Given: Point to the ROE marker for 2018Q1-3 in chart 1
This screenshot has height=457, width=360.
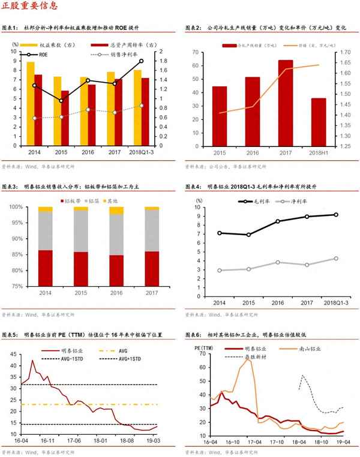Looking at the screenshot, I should pyautogui.click(x=141, y=61).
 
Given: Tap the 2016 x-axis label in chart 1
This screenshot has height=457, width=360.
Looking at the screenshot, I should pyautogui.click(x=88, y=152).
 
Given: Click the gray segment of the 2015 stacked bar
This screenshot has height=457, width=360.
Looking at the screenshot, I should pyautogui.click(x=80, y=231).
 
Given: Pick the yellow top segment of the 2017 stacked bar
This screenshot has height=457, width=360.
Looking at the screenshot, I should pyautogui.click(x=152, y=208).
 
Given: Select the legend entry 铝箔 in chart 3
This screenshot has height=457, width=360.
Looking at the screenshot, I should pyautogui.click(x=91, y=198).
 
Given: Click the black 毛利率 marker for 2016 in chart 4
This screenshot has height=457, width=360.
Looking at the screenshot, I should pyautogui.click(x=278, y=221).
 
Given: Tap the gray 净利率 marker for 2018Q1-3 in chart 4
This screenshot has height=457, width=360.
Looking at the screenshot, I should pyautogui.click(x=335, y=258).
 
